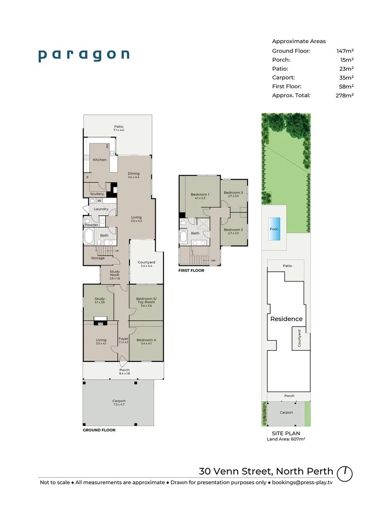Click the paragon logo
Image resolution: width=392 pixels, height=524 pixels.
coord(84,55)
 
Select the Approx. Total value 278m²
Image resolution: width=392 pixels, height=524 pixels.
coord(345,95)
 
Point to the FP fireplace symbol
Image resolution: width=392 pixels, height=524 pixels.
coord(101,324)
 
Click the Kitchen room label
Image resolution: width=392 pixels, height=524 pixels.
coord(100,160)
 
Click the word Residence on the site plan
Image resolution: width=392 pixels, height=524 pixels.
coord(286,319)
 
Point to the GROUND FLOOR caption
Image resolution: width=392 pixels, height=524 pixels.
coord(99,430)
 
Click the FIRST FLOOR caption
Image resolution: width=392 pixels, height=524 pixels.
coord(192,271)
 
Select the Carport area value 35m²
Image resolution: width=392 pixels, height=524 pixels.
coord(346,77)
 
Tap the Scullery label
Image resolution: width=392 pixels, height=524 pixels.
coord(97,194)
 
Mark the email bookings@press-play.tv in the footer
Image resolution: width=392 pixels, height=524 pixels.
coord(302,483)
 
